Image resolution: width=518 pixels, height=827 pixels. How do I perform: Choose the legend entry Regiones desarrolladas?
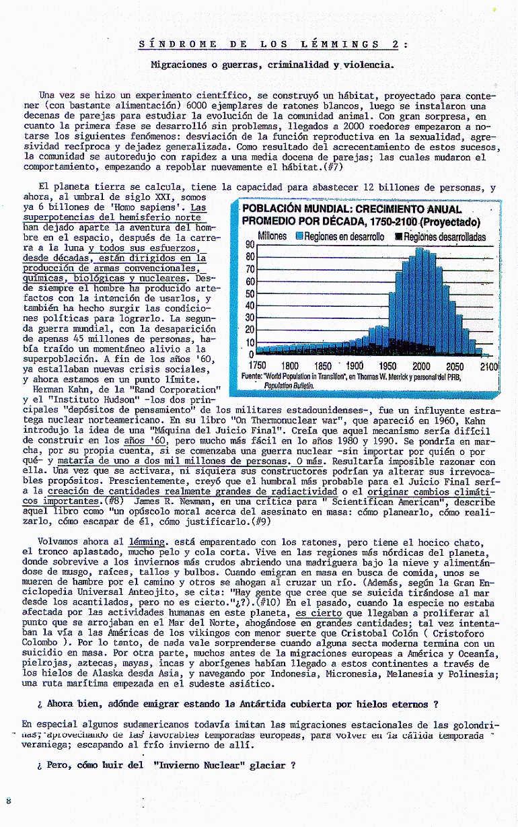(443, 236)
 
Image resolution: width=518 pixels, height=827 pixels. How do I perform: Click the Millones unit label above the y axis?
(272, 236)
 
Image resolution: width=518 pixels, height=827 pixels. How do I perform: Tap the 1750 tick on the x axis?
(258, 366)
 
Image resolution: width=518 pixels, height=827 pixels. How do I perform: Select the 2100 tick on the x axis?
(489, 366)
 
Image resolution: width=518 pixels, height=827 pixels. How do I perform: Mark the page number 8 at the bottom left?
(8, 800)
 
